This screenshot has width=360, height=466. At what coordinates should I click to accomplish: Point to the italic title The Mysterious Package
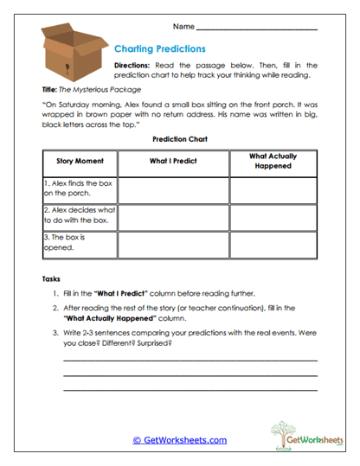coord(99,89)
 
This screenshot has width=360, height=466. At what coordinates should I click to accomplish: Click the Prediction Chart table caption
coord(179,138)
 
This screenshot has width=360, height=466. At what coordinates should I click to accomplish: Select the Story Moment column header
coord(80,161)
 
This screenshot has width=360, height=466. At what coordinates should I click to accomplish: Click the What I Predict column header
coord(172,161)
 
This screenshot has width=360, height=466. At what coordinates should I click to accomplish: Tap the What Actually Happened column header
coord(273,161)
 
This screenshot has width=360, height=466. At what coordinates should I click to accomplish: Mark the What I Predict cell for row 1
coord(172,188)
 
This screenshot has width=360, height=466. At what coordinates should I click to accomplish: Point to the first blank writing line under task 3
coord(190,359)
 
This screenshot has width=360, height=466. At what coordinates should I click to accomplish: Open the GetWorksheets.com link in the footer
coord(179,439)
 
